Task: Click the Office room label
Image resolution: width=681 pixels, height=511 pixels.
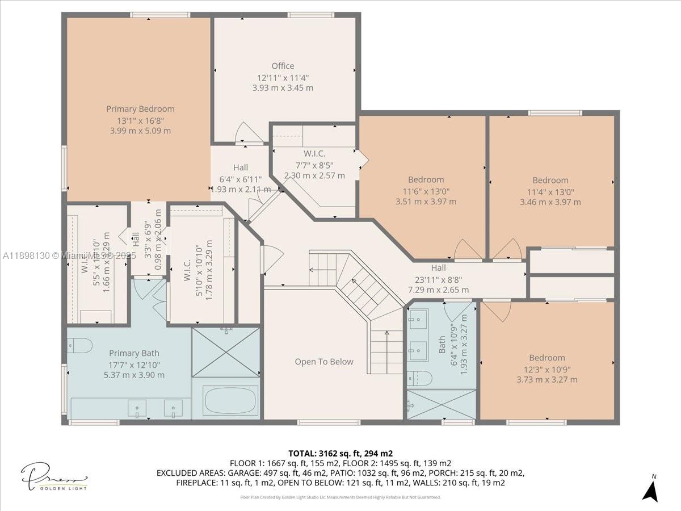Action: (283, 66)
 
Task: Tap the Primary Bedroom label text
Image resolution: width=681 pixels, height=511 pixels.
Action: (140, 109)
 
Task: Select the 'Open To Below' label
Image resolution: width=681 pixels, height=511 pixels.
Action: (324, 362)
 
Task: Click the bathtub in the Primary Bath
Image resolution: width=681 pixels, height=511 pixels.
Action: (230, 400)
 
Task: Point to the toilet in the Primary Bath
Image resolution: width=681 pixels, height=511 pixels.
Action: (79, 345)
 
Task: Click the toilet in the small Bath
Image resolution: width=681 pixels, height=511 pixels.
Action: (419, 378)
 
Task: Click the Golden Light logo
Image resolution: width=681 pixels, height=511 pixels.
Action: (54, 476)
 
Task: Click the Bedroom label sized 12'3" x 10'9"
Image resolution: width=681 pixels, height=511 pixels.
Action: (547, 358)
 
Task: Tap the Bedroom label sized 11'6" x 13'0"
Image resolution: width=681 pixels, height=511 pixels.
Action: (426, 180)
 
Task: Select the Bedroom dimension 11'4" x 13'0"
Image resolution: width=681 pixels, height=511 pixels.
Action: (550, 191)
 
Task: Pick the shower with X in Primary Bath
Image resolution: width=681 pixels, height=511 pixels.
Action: (226, 351)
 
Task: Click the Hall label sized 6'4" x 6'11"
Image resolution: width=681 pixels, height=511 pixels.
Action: (240, 167)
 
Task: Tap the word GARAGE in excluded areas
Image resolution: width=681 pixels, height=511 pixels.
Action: (242, 473)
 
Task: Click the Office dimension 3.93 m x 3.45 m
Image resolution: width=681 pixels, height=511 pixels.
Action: (283, 88)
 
